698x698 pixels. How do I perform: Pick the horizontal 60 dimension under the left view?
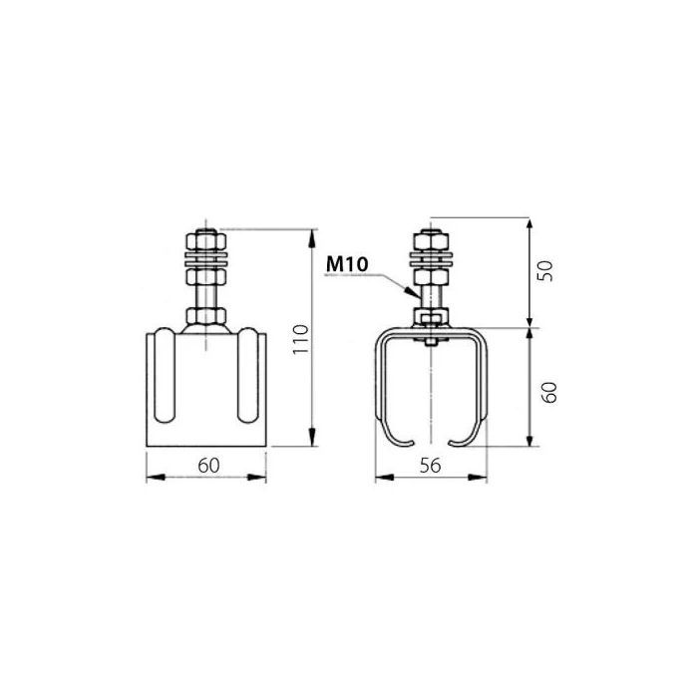tap(206, 465)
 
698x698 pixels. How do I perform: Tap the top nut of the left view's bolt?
tap(207, 243)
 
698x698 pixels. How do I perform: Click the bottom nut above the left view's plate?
tap(207, 319)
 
